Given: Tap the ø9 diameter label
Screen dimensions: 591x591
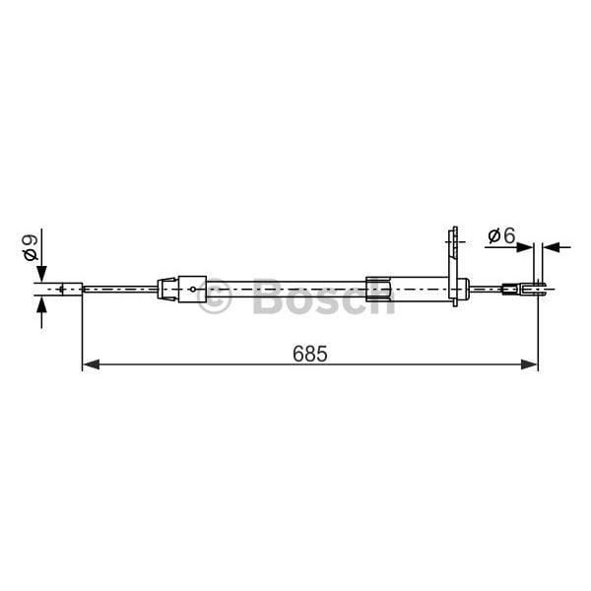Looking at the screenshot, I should pyautogui.click(x=31, y=247).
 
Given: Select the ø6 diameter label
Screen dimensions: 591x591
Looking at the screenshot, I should pyautogui.click(x=501, y=236).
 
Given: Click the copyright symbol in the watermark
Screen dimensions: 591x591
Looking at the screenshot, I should pyautogui.click(x=214, y=296).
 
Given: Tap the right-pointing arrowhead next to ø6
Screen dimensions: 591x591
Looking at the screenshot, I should pyautogui.click(x=526, y=246).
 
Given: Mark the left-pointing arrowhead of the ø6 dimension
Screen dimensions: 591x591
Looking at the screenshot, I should pyautogui.click(x=550, y=246).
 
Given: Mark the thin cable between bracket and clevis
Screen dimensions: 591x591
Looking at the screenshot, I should pyautogui.click(x=485, y=289).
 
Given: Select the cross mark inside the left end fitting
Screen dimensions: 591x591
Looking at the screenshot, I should pyautogui.click(x=64, y=289).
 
